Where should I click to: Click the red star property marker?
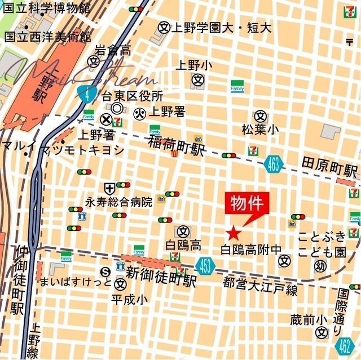[234, 233]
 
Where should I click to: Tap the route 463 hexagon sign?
[272, 164]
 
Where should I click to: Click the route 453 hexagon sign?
[206, 264]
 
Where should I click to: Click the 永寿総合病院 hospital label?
[118, 201]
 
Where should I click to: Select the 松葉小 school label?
[260, 130]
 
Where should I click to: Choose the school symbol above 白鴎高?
[183, 231]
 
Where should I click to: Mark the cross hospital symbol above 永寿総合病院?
[109, 188]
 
